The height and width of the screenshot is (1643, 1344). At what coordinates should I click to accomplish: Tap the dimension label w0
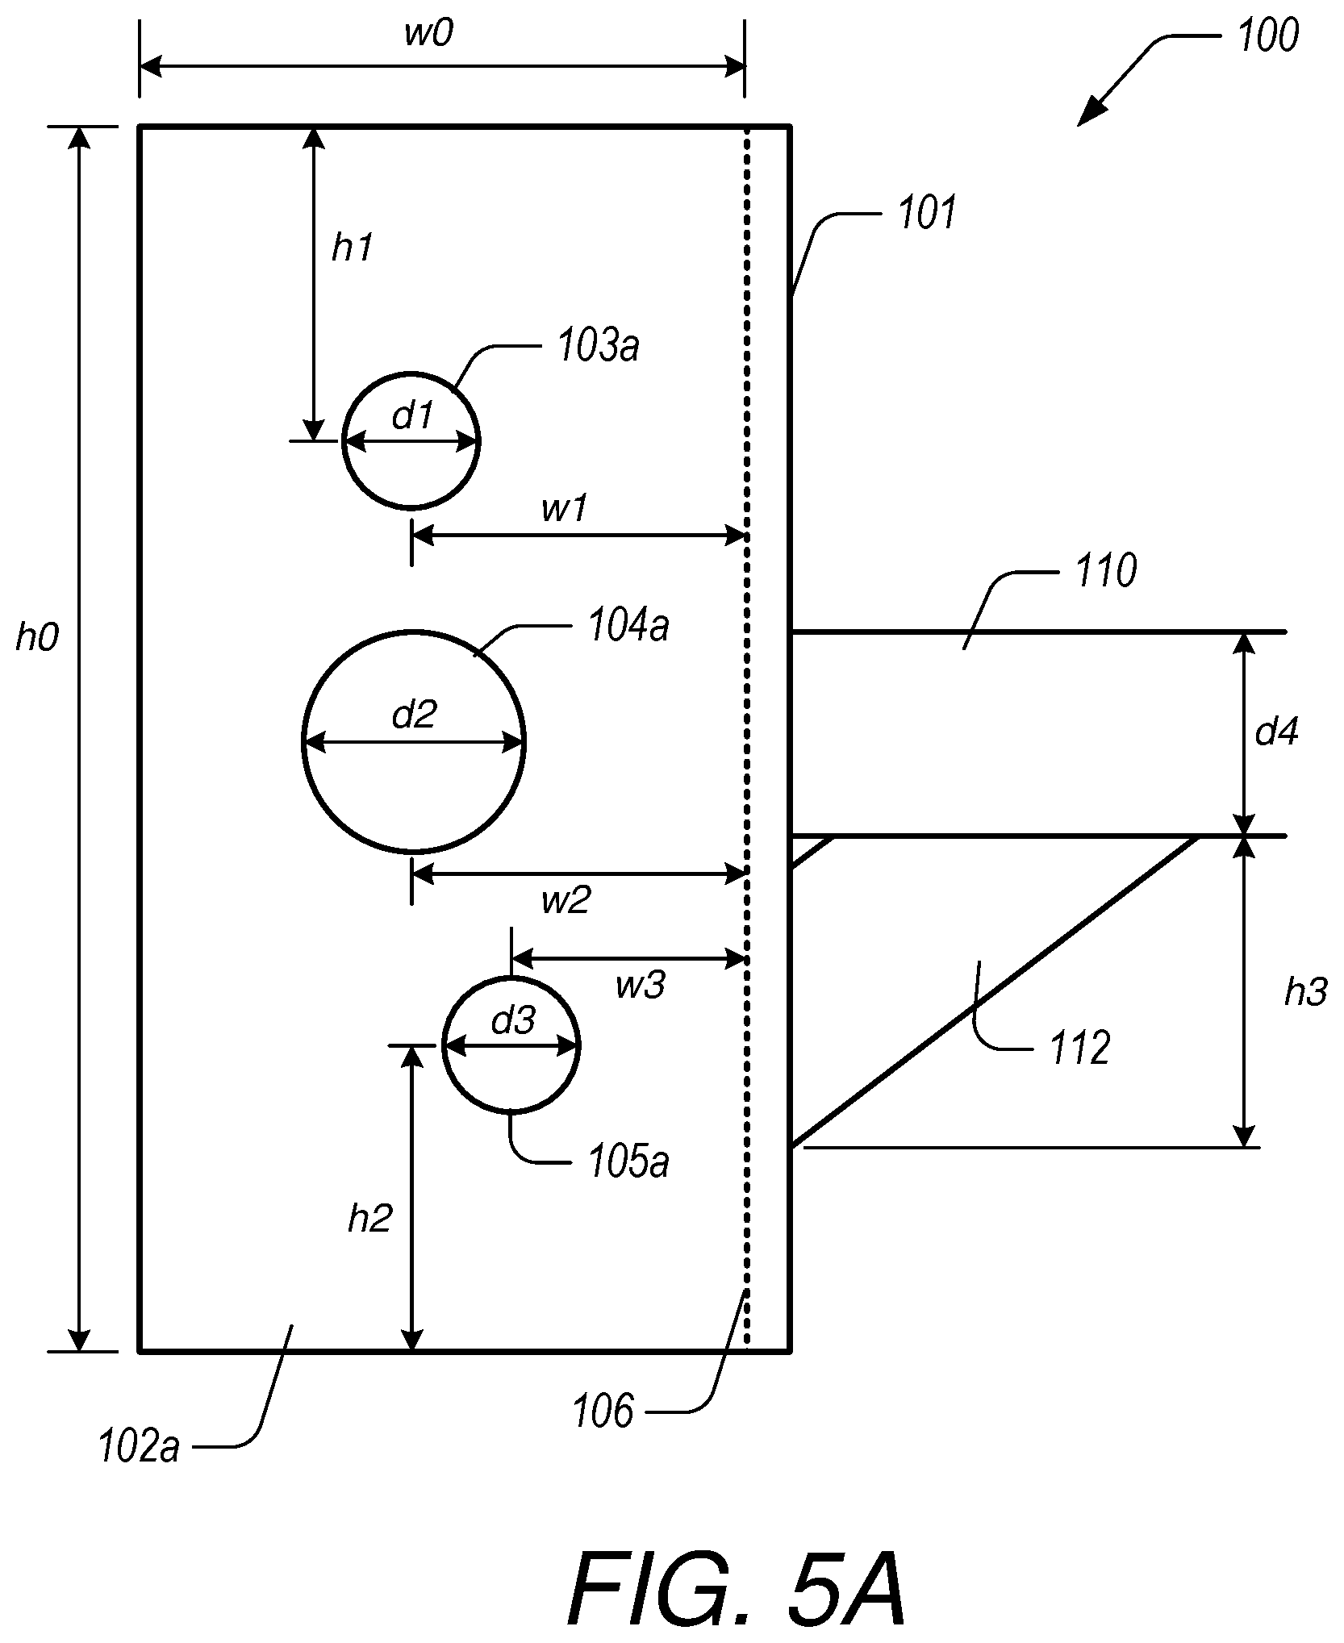(428, 35)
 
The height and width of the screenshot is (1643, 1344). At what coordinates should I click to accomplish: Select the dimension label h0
(38, 638)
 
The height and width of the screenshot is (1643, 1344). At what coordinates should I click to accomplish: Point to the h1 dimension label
(353, 248)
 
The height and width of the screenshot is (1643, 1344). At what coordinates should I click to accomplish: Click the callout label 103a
(599, 347)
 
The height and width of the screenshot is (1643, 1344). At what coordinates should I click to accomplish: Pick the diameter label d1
(412, 416)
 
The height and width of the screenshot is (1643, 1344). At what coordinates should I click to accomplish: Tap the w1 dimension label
(564, 510)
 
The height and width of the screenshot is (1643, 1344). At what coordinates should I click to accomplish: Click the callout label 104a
(629, 627)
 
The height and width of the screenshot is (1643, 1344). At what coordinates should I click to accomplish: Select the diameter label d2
(414, 714)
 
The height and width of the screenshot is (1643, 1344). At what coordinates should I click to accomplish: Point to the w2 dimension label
(566, 900)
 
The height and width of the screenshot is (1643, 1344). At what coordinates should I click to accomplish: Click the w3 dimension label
(641, 986)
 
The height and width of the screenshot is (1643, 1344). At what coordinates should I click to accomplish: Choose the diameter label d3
(513, 1021)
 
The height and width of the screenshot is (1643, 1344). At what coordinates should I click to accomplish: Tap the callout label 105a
(629, 1163)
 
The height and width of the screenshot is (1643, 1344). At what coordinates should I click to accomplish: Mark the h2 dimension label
(370, 1219)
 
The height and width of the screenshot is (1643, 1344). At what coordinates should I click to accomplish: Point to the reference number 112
(1080, 1049)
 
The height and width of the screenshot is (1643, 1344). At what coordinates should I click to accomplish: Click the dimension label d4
(1277, 732)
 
